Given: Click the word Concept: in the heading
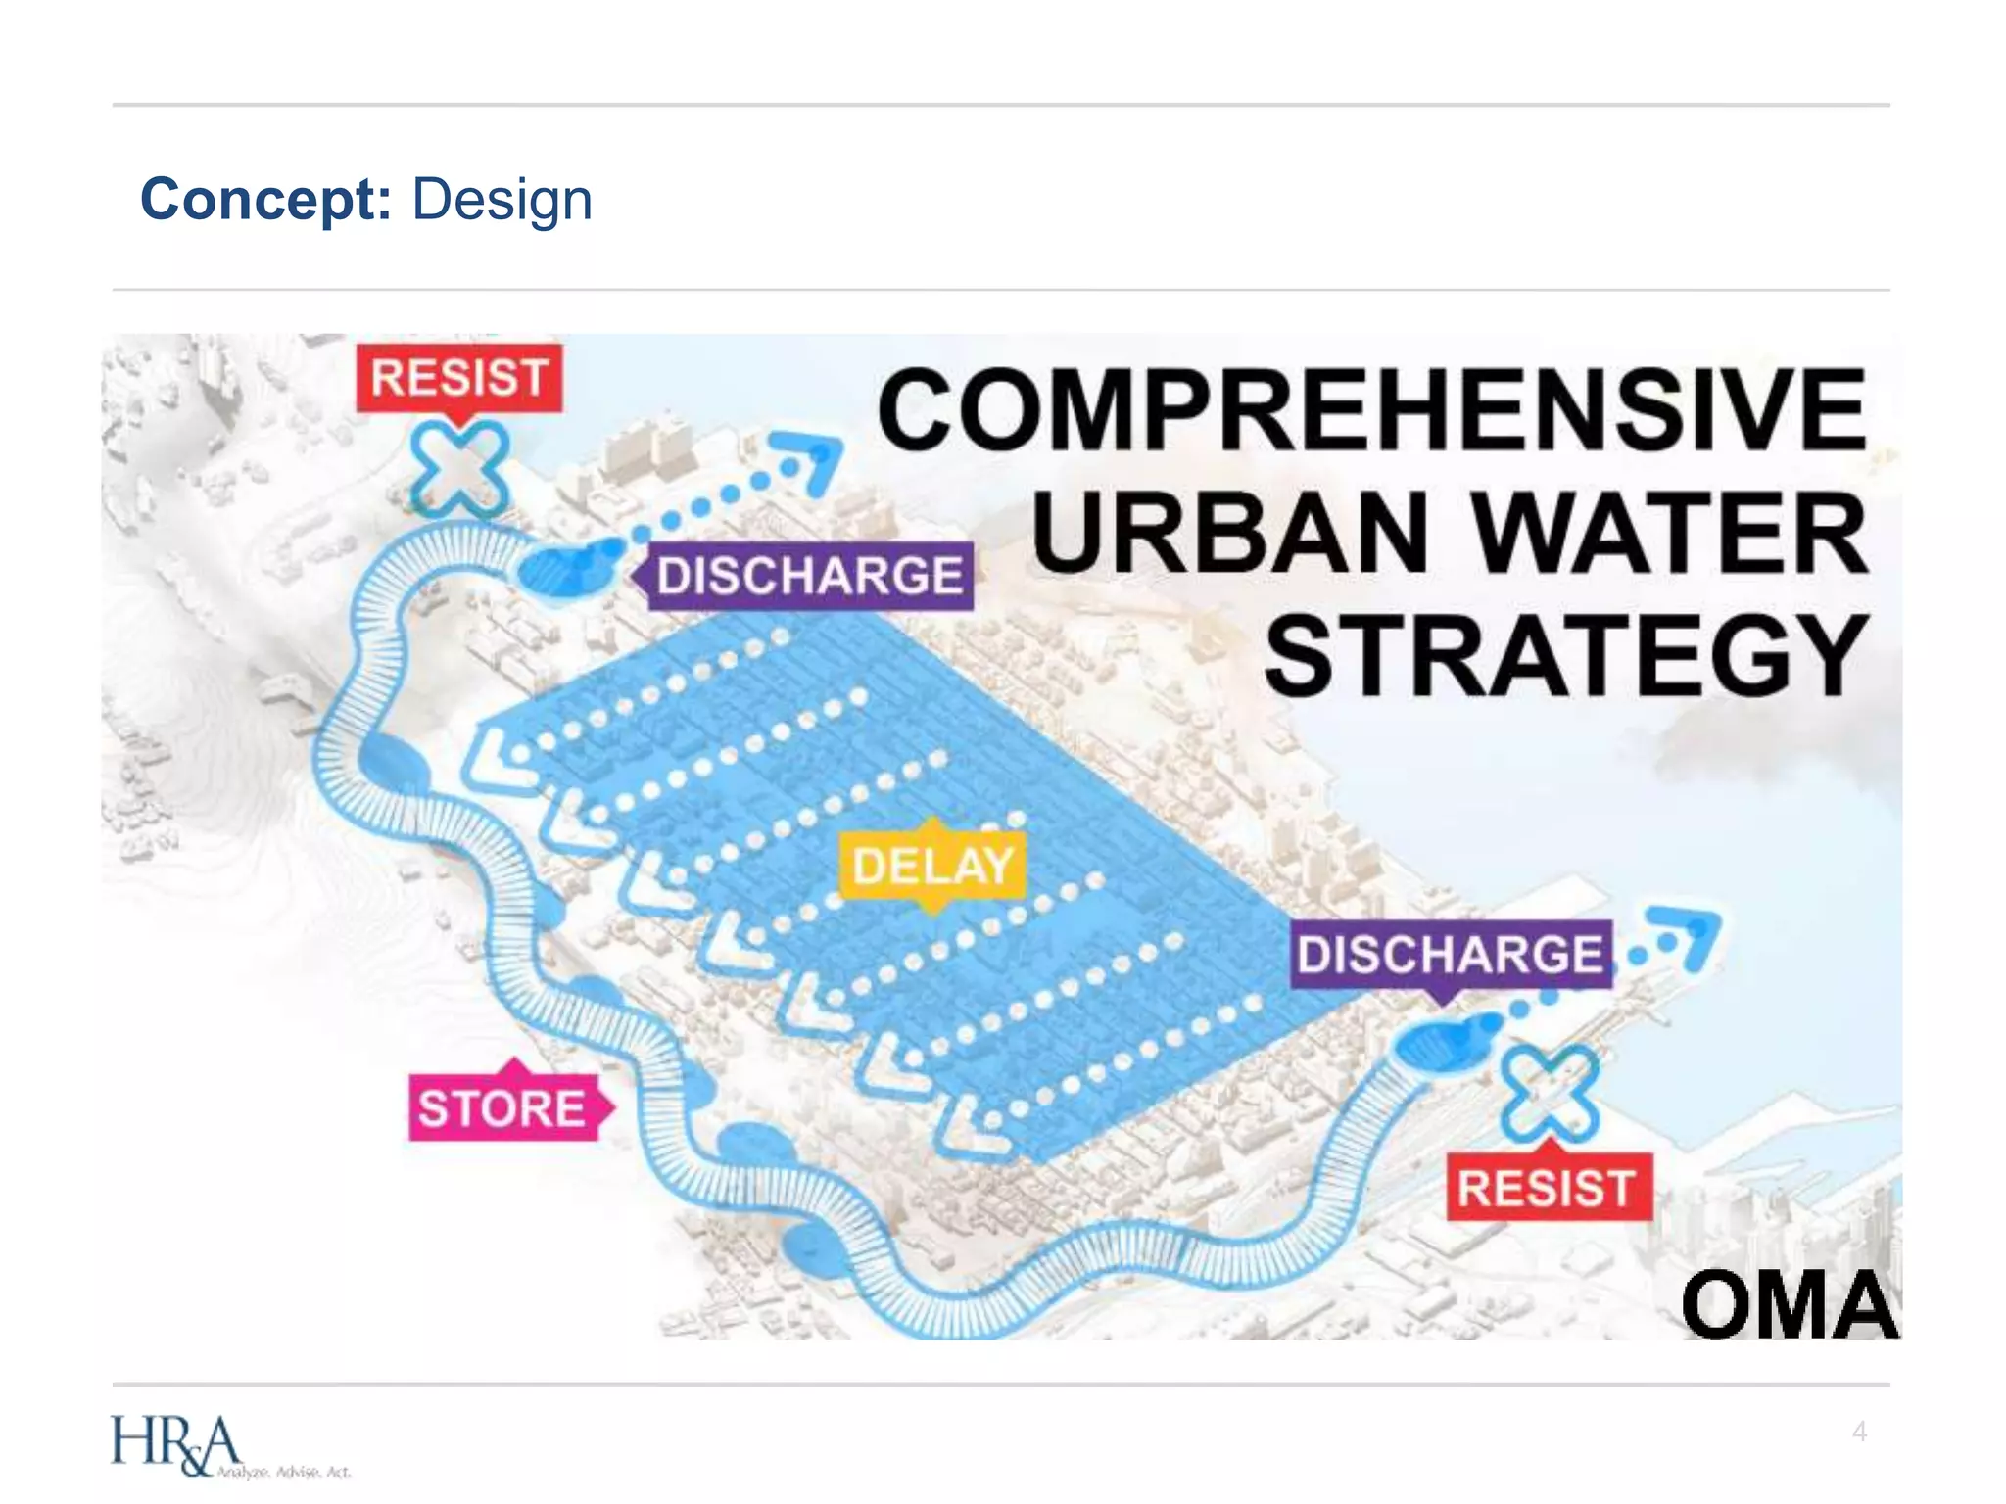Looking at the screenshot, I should (x=265, y=200).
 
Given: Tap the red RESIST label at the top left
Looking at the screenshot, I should (x=458, y=378).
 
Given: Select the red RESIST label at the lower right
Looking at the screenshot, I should (x=1547, y=1189).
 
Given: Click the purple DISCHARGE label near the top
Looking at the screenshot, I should (x=809, y=576).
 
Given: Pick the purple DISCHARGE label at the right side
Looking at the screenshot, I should (x=1450, y=954).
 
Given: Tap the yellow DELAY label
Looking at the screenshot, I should (x=932, y=866).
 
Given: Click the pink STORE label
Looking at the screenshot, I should (x=502, y=1109).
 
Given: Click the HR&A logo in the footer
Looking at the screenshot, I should (x=176, y=1444).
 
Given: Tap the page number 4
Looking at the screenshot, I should (x=1859, y=1432).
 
